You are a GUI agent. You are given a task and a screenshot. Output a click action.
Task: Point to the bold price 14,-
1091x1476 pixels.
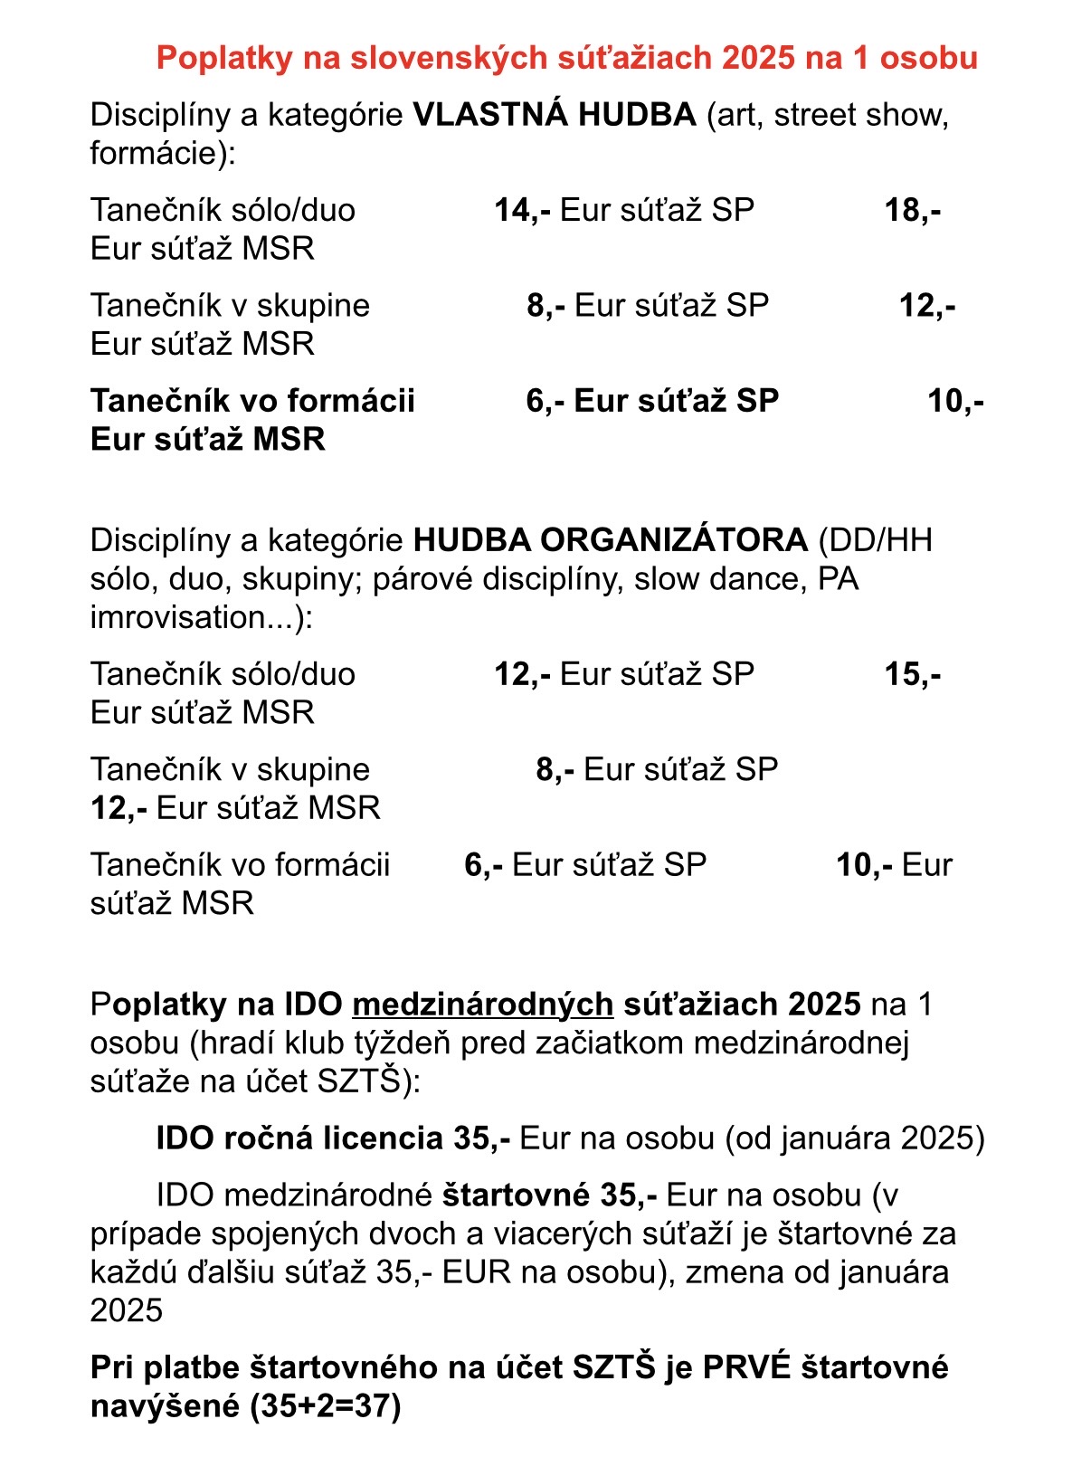[522, 210]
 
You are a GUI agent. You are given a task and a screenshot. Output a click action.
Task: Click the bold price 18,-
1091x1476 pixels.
[912, 210]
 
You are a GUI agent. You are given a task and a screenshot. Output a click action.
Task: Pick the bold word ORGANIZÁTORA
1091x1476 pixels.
[673, 540]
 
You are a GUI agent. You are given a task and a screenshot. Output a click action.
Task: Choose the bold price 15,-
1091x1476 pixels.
[912, 674]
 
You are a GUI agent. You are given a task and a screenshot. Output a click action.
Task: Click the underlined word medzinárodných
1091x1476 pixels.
[482, 1005]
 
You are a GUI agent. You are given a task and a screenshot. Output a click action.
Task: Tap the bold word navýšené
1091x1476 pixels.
[166, 1406]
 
